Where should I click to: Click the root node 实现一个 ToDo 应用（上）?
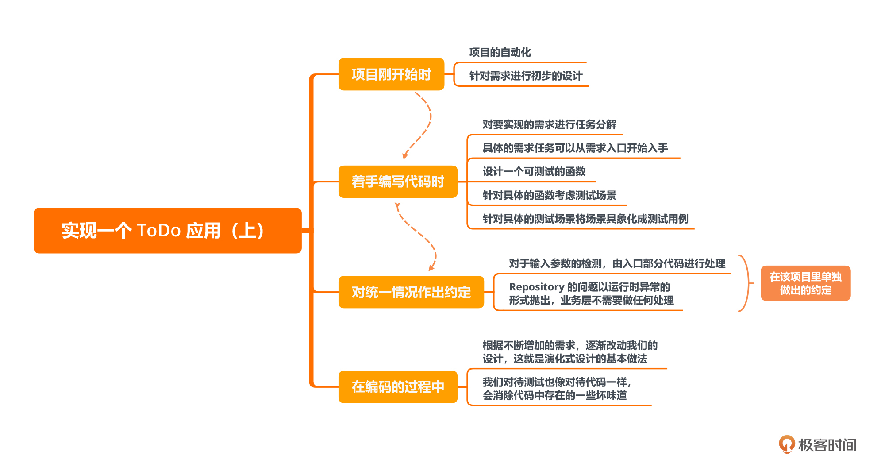coord(167,231)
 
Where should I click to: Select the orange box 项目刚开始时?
coord(391,74)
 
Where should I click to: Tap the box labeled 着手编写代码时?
coord(397,182)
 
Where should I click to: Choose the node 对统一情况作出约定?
coord(411,292)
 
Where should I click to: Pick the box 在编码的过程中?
coord(397,387)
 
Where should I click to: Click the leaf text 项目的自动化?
coord(500,53)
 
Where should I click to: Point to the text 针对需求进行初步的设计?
coord(526,76)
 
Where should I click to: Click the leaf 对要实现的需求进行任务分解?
coord(549,125)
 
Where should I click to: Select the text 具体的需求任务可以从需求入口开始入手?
coord(575,148)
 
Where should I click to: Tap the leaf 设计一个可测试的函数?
coord(534,172)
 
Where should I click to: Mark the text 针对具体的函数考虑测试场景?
coord(549,195)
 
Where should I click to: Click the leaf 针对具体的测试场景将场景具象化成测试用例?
coord(585,219)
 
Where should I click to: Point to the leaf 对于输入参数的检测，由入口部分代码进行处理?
coord(617,264)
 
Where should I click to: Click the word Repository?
coord(536,287)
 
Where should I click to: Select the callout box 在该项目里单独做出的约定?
coord(805,283)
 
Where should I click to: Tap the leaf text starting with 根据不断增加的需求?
coord(570,352)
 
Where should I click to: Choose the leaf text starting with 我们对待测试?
coord(557,389)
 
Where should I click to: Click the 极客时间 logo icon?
coord(787,444)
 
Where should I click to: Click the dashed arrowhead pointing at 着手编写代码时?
coord(404,156)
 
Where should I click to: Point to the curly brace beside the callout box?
coord(746,283)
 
